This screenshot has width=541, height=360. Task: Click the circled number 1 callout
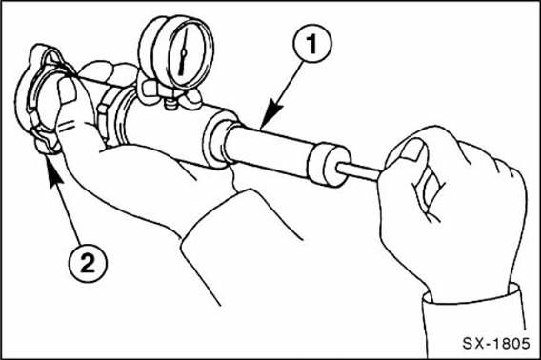point(312,44)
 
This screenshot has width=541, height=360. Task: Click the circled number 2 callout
point(88,264)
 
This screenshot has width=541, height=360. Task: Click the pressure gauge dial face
point(184,52)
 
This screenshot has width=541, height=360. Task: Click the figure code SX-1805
point(495,343)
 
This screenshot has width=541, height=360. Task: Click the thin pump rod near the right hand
point(359,170)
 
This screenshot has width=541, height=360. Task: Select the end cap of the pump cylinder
point(328,165)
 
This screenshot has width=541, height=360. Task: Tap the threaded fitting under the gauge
point(169,103)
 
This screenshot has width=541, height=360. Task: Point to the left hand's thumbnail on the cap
point(67,90)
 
